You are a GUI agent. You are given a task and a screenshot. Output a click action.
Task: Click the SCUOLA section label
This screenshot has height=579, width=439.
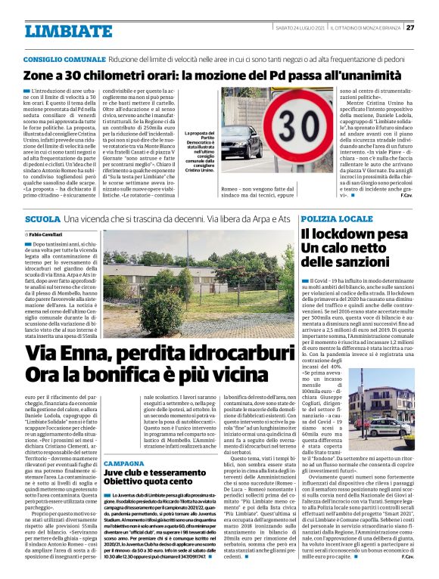click(41, 218)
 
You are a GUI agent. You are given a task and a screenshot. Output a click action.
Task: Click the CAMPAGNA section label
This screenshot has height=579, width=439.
click(124, 442)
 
